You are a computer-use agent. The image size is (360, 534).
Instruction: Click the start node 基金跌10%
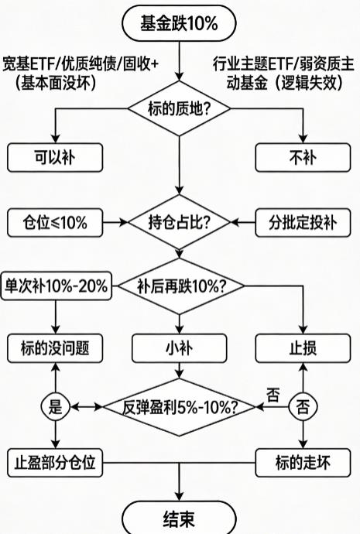[x=179, y=24]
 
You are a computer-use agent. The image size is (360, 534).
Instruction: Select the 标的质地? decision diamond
[x=179, y=109]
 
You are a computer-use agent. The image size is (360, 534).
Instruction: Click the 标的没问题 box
[x=56, y=347]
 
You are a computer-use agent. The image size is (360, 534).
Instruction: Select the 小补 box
[x=179, y=347]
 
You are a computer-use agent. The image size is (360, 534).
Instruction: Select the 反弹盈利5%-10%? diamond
[x=180, y=406]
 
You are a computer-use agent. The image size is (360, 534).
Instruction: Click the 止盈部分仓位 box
[x=56, y=464]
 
